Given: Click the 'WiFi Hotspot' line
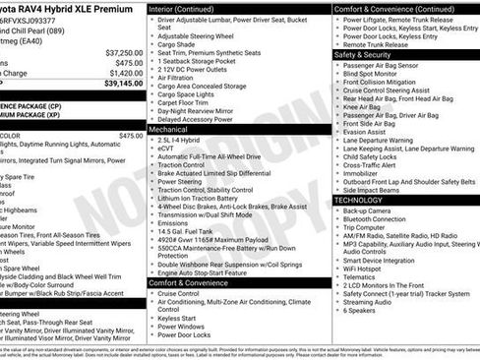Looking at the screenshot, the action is click(368, 268).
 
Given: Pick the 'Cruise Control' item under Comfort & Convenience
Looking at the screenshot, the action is click(178, 293).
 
